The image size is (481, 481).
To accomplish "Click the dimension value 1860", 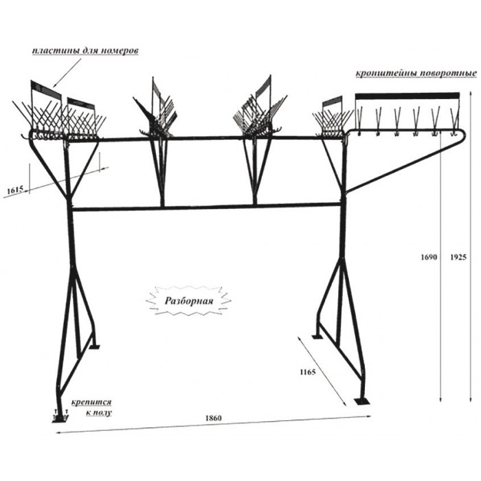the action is pos(213,418).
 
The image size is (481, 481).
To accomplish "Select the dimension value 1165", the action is pos(308,372).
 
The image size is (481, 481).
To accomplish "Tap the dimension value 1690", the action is pos(429,257).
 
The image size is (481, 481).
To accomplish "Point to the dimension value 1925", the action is pos(458,257).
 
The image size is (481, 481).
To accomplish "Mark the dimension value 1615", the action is pos(15,190).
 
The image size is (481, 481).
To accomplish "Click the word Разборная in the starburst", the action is pos(189,301).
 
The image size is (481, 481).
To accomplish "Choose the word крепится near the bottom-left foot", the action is pos(91,402).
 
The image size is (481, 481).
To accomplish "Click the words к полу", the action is pos(99,412).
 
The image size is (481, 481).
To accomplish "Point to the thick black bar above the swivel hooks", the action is pos(407,96).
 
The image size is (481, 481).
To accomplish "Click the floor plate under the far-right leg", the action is pos(362,401).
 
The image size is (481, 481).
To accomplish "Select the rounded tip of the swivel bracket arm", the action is pos(463,133).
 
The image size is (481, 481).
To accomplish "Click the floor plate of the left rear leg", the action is pos(95,347).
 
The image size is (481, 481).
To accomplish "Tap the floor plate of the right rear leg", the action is pos(317,337).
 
